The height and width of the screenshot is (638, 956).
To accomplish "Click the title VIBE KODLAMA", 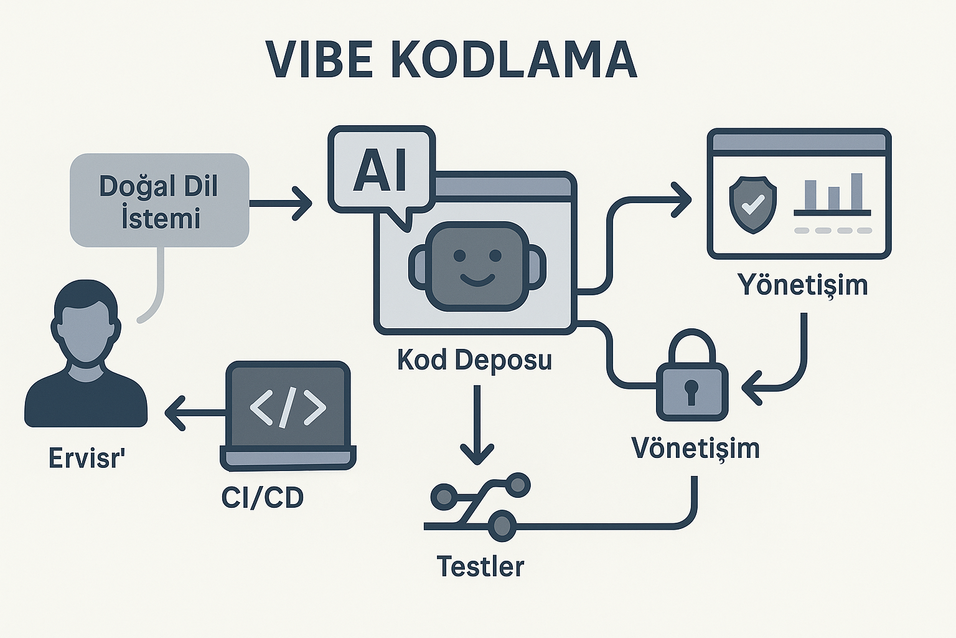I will (451, 60).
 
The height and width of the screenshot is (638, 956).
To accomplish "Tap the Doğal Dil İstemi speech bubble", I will (159, 201).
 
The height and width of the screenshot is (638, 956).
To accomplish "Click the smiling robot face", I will (477, 265).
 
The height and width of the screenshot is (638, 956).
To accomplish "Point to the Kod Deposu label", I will (474, 360).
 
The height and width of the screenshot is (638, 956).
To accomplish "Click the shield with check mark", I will (752, 204).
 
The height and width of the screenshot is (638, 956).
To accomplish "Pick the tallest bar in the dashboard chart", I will (856, 191).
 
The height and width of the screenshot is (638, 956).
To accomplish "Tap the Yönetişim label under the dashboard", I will (802, 285).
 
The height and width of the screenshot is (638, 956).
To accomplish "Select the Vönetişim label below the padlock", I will (695, 448).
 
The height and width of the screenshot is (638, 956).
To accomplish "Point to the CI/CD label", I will (263, 497).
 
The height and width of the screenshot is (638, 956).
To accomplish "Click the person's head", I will (85, 324).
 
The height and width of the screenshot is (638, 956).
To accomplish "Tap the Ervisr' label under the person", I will (87, 459).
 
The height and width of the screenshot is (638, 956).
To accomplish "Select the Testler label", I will (480, 566).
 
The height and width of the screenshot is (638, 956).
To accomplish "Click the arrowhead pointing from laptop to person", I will (174, 413).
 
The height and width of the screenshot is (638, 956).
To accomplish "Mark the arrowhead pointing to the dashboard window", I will (683, 199).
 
